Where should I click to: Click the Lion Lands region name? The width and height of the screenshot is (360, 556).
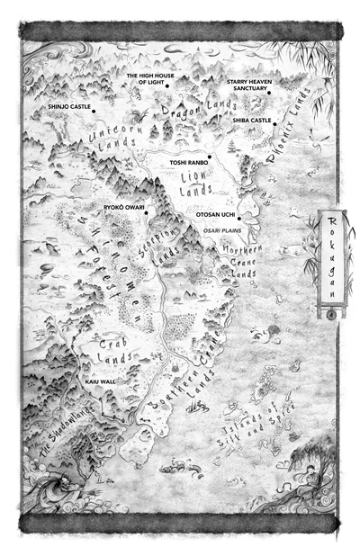pos(200,185)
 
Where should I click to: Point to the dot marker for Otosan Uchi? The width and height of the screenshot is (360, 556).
pos(240,217)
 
